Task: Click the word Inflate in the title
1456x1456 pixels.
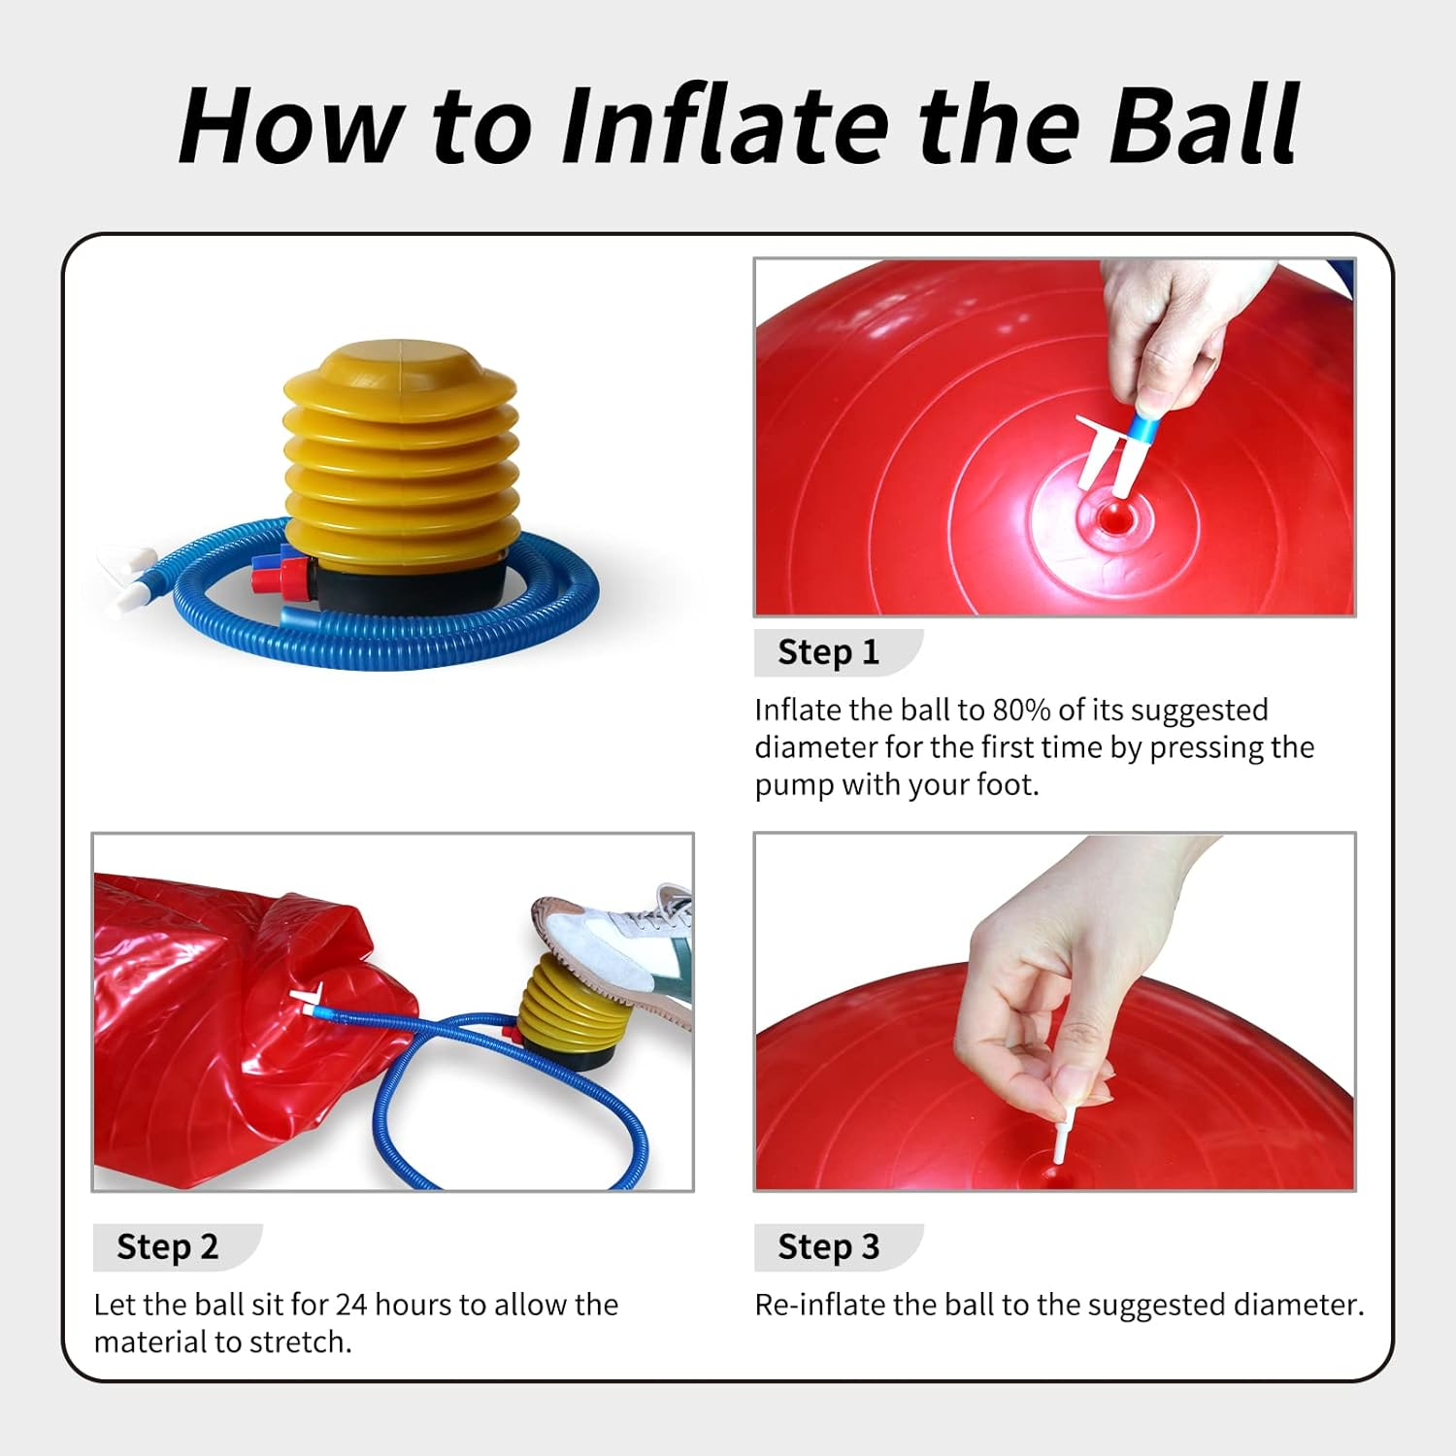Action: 725,126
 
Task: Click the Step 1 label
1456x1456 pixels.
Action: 828,652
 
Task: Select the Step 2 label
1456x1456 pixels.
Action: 167,1246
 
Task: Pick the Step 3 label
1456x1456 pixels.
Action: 828,1246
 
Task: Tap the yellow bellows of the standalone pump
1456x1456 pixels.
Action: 400,447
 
